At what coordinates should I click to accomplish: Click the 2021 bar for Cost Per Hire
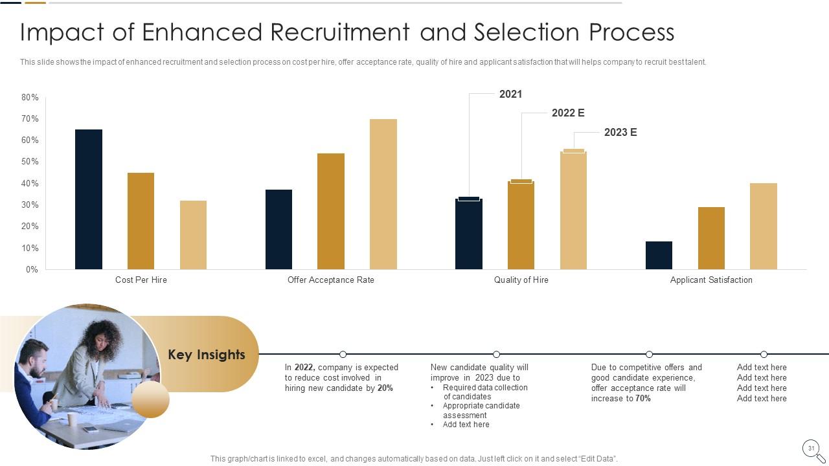89,199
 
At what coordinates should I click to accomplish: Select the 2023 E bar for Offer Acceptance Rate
383,194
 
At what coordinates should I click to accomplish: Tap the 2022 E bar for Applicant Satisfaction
711,238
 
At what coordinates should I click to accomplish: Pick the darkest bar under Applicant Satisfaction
659,255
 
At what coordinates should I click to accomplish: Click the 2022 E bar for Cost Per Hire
141,221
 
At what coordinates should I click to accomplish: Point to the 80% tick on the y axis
30,97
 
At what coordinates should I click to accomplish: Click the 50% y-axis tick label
30,162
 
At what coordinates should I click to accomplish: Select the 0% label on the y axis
32,269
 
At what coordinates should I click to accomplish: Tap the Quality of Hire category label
521,280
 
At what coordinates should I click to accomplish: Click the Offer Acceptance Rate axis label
330,280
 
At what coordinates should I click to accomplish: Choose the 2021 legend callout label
510,94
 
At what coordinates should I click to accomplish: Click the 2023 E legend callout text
620,133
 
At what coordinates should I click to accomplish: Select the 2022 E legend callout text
568,113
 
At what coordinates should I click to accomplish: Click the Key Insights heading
207,355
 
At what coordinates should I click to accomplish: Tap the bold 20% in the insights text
385,388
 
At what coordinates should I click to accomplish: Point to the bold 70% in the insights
642,399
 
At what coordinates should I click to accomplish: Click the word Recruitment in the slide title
339,32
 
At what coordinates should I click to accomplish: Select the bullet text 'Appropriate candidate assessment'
481,410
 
